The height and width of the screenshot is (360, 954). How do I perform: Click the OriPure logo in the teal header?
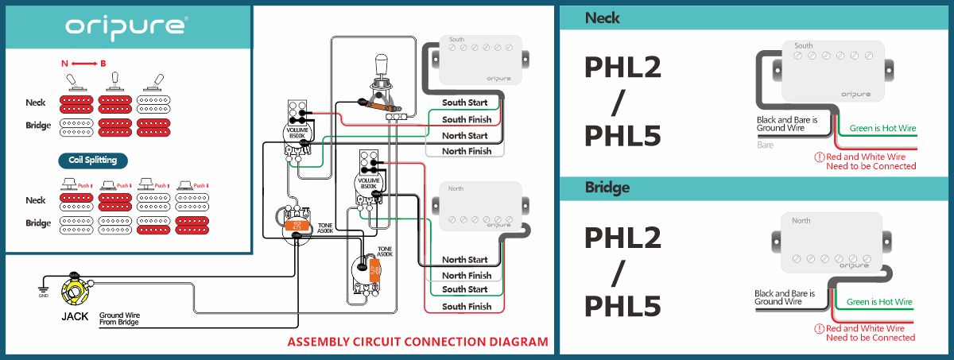tap(126, 26)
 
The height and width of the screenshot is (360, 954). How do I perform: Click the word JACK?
tap(75, 316)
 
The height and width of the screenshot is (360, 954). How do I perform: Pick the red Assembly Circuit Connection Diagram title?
tap(417, 343)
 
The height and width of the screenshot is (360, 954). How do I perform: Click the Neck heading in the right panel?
tap(602, 17)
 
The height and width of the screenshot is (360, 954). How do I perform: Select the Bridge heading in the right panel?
tap(607, 188)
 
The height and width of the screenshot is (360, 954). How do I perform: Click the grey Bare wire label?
tap(765, 146)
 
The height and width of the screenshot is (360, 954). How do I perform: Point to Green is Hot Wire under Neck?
tap(882, 128)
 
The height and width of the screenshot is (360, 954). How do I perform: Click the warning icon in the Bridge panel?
tap(819, 328)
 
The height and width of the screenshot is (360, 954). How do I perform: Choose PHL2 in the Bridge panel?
tap(622, 238)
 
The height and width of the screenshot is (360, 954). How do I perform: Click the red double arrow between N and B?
tap(84, 63)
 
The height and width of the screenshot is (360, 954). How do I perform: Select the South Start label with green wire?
tap(465, 103)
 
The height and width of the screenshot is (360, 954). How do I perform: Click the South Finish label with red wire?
tap(465, 306)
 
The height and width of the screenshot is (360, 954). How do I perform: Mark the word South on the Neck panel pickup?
tap(804, 46)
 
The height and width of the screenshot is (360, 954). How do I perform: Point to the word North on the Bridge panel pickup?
tap(801, 221)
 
